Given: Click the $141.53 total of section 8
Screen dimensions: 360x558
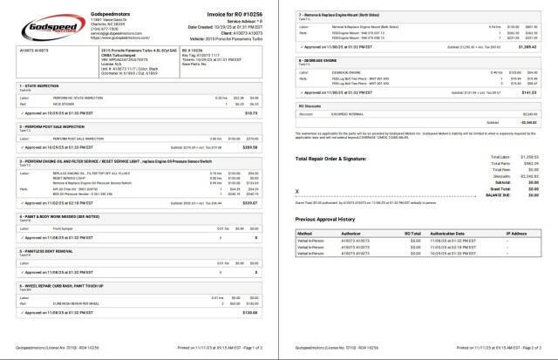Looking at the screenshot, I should [x=528, y=112].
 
